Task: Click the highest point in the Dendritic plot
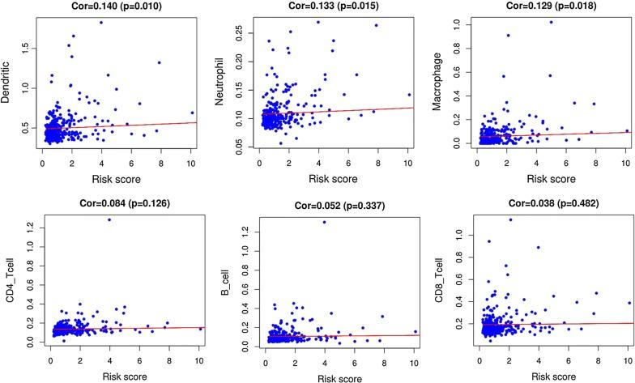pos(101,23)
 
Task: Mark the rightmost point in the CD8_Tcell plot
pos(629,303)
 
